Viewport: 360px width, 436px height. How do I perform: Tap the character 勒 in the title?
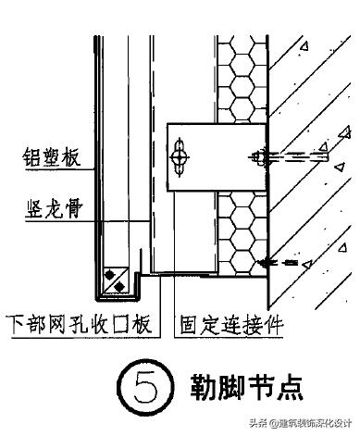pyautogui.click(x=205, y=383)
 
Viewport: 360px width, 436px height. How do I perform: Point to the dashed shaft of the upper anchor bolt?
pyautogui.click(x=296, y=151)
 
